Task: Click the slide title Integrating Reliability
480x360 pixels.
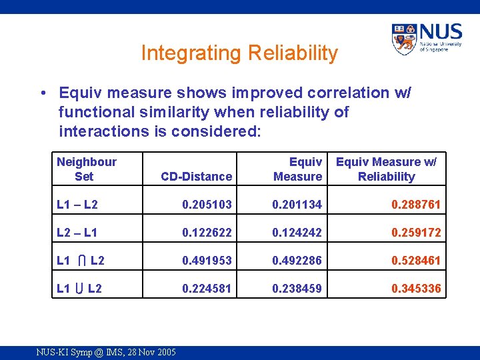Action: (x=239, y=53)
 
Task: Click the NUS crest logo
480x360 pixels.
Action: (x=404, y=40)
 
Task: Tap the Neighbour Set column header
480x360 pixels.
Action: (x=86, y=169)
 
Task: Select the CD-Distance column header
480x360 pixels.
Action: (x=196, y=177)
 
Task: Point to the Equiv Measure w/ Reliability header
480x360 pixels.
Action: (x=386, y=169)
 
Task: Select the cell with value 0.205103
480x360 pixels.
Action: (x=207, y=205)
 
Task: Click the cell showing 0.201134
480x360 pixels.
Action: (x=297, y=205)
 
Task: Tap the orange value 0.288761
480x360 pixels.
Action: (x=415, y=205)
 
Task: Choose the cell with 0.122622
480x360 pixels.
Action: (x=207, y=233)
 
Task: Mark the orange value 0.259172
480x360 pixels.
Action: (x=415, y=233)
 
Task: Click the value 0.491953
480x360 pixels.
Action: (x=207, y=261)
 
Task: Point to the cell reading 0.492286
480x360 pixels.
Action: (x=297, y=261)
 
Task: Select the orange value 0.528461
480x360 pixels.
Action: (x=415, y=261)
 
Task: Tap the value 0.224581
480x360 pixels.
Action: (x=207, y=289)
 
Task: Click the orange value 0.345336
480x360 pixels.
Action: (x=415, y=289)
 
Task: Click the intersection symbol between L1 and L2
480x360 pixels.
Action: (x=80, y=261)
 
